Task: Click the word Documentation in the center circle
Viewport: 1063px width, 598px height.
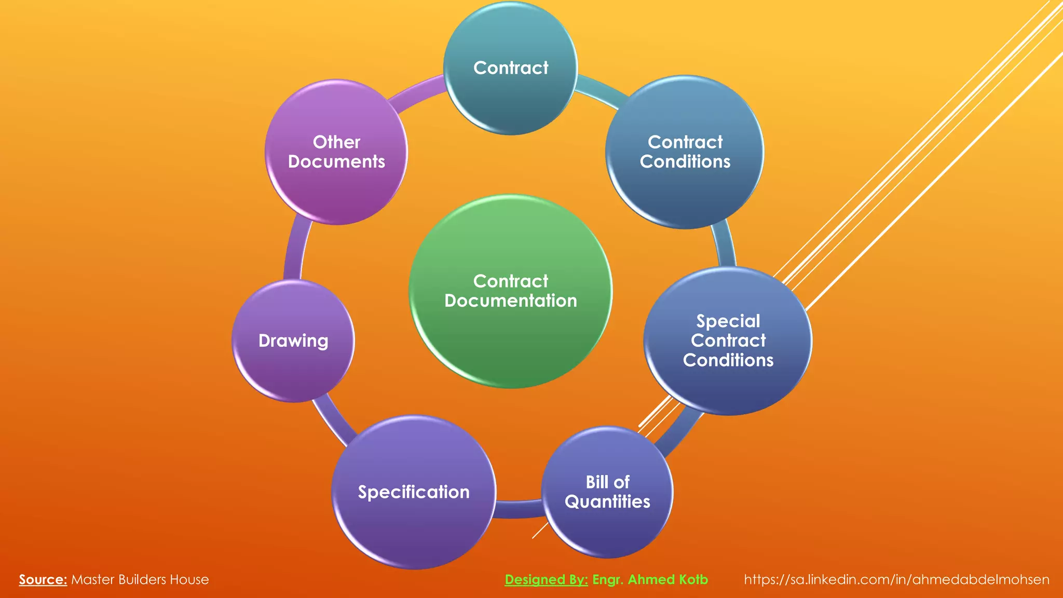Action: click(511, 301)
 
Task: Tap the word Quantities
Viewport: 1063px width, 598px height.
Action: click(607, 502)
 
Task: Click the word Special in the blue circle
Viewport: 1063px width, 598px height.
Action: click(728, 321)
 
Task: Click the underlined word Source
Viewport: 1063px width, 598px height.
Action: click(43, 580)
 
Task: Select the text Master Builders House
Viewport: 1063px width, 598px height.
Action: click(140, 580)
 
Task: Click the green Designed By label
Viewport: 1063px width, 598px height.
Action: click(546, 580)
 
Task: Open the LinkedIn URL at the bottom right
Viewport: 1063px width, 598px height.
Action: click(896, 580)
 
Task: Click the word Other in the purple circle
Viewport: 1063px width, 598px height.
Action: click(336, 142)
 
